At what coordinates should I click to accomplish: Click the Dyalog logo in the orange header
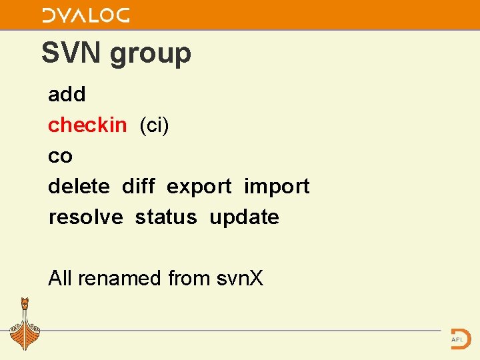tap(85, 15)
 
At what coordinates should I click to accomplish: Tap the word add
tap(67, 95)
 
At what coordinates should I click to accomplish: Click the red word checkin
tap(87, 125)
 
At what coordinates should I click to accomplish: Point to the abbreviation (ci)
tap(154, 125)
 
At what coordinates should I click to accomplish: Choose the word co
tap(60, 157)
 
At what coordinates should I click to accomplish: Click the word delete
tap(79, 186)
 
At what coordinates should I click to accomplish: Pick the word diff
tap(139, 186)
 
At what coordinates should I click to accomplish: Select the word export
tap(199, 187)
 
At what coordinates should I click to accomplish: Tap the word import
tap(277, 187)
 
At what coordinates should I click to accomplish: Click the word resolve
tap(85, 217)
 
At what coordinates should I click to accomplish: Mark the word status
tap(166, 217)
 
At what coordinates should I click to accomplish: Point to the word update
tap(244, 217)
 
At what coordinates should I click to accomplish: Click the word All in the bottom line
tap(61, 278)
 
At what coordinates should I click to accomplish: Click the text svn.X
tap(241, 278)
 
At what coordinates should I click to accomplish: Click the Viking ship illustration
tap(25, 325)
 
